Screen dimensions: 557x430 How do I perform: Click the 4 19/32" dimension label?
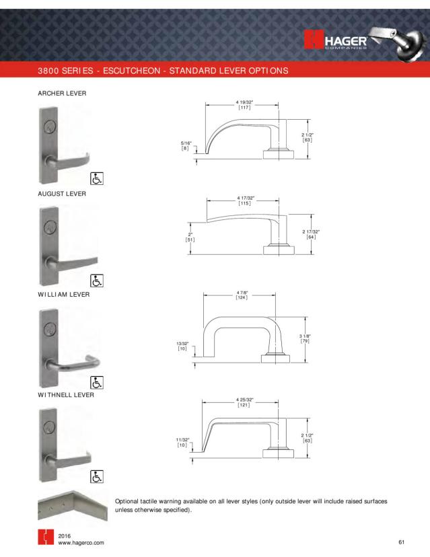[244, 104]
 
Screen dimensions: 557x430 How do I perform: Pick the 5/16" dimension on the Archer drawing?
[186, 145]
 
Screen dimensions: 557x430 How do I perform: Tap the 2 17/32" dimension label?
[310, 234]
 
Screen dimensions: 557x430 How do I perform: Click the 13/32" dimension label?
[182, 345]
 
